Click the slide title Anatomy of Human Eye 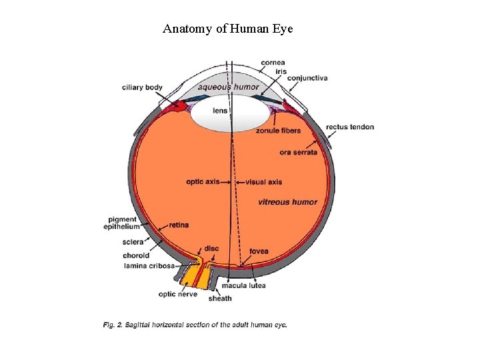click(x=227, y=29)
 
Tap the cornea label click(x=273, y=63)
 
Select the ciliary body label click(x=142, y=87)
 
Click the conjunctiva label click(x=307, y=78)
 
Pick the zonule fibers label click(x=278, y=131)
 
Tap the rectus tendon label click(x=350, y=127)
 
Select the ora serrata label click(x=298, y=153)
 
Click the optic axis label click(x=203, y=181)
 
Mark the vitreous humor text click(x=287, y=202)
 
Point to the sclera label click(x=133, y=242)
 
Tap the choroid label click(x=135, y=255)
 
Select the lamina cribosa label click(x=149, y=265)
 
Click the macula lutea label click(x=248, y=285)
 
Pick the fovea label click(x=259, y=251)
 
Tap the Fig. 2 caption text click(x=195, y=325)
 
